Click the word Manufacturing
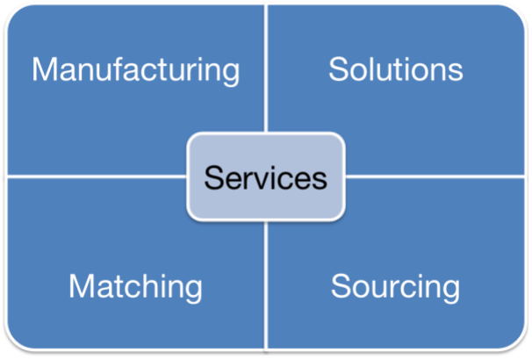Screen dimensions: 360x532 click(135, 69)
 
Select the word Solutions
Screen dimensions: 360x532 click(395, 69)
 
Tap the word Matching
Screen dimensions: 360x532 click(135, 285)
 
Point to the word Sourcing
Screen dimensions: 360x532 click(395, 285)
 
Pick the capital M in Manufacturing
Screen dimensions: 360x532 click(44, 69)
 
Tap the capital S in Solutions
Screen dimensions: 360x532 click(338, 69)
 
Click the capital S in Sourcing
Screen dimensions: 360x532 click(341, 285)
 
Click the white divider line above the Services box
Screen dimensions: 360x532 click(267, 70)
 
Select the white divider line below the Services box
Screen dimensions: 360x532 click(267, 281)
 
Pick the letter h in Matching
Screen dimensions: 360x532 click(148, 285)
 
